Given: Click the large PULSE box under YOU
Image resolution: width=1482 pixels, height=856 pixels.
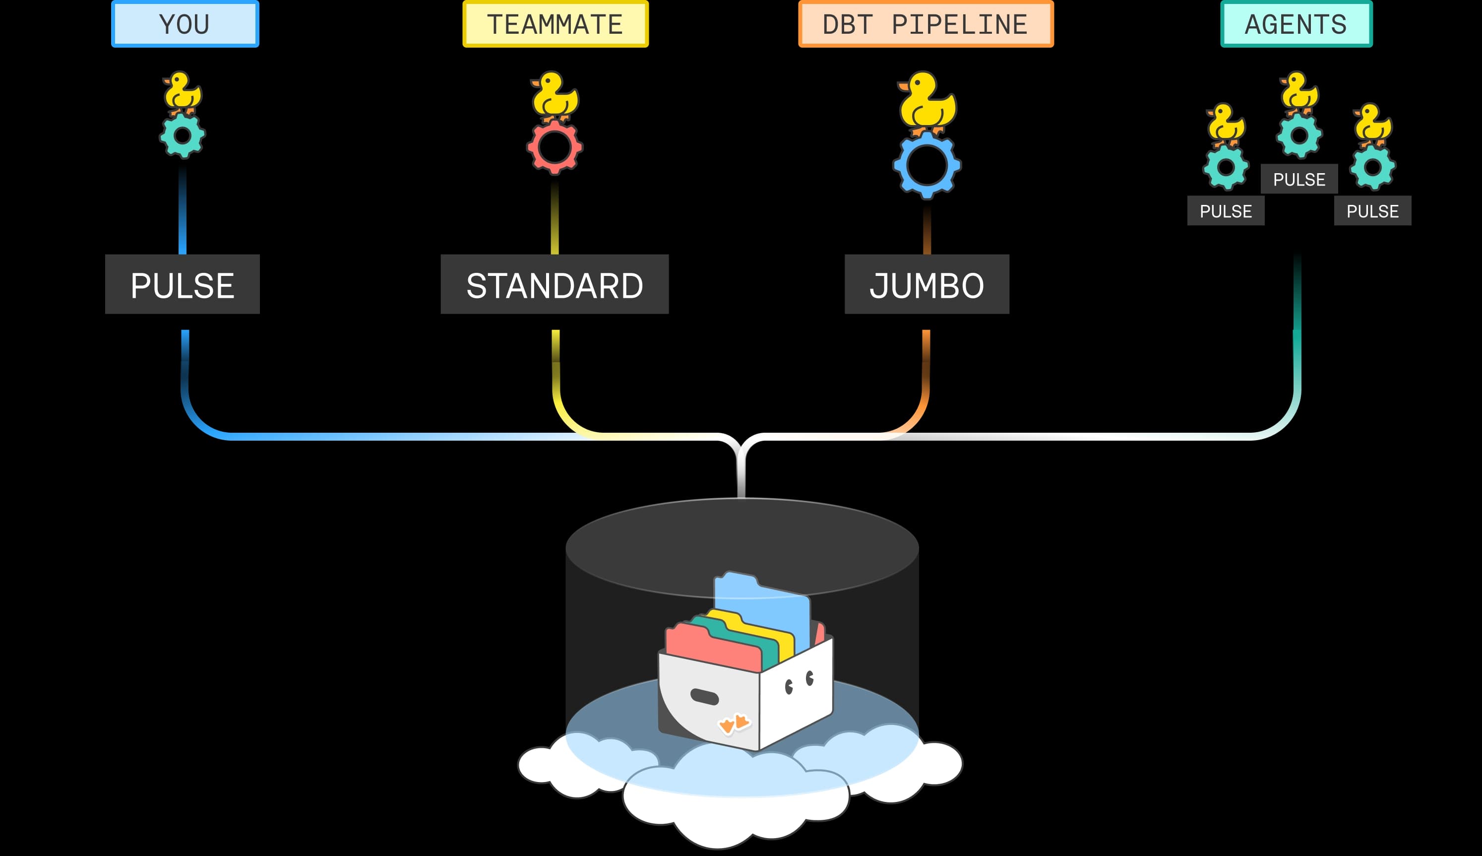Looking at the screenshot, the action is (x=182, y=284).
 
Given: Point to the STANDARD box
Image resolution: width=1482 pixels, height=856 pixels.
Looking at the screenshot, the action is (x=555, y=284).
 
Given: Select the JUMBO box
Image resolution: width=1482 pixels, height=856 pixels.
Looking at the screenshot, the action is (x=926, y=284).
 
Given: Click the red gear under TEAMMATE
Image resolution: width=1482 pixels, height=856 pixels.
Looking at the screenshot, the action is (x=555, y=147).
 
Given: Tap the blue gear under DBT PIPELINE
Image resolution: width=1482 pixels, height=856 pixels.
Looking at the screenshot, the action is (x=926, y=165).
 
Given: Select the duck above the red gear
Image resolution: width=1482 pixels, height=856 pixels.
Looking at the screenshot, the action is (x=554, y=95).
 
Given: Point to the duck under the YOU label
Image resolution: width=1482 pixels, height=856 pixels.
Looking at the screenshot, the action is (x=182, y=92).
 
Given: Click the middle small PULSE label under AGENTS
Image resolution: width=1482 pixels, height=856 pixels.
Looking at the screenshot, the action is (x=1299, y=179).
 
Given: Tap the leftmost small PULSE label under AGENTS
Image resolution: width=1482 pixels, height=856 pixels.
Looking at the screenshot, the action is (x=1226, y=210).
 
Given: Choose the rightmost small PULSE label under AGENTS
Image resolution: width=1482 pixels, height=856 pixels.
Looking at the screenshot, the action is (x=1373, y=210).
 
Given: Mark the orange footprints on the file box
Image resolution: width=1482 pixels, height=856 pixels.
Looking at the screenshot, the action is (x=734, y=723).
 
